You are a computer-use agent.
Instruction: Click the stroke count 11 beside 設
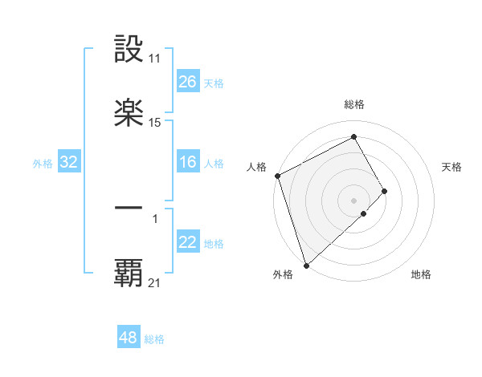click(154, 59)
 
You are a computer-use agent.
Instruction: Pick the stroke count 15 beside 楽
click(154, 122)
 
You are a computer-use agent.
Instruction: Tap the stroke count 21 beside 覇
click(154, 282)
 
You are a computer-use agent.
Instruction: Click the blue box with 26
click(188, 82)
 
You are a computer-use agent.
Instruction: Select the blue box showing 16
click(188, 162)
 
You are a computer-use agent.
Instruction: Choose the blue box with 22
click(188, 242)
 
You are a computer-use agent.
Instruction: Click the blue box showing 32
click(69, 162)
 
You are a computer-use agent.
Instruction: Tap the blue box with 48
click(129, 338)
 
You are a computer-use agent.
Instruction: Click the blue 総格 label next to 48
click(154, 339)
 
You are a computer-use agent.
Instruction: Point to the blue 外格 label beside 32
click(43, 164)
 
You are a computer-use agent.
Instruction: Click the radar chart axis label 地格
click(421, 275)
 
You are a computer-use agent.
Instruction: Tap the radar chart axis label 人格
click(256, 167)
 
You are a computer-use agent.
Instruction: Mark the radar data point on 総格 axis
click(353, 137)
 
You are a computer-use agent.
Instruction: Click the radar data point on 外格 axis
click(306, 265)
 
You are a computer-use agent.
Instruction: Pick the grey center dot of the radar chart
click(353, 200)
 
